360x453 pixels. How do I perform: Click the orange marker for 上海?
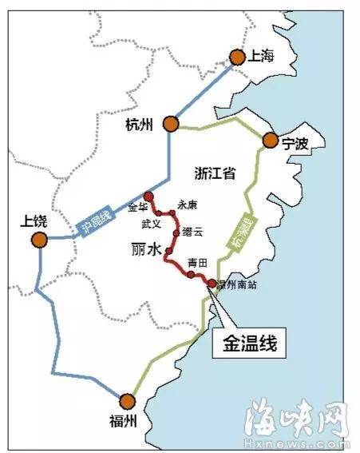tap(237, 57)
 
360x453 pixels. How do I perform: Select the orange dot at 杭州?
tap(170, 123)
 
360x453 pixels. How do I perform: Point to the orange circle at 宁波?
tap(269, 141)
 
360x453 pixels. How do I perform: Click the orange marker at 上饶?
tap(38, 240)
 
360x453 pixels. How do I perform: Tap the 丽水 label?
tap(145, 249)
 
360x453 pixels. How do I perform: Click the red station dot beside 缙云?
tap(176, 232)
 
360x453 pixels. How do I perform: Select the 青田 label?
tap(196, 263)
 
